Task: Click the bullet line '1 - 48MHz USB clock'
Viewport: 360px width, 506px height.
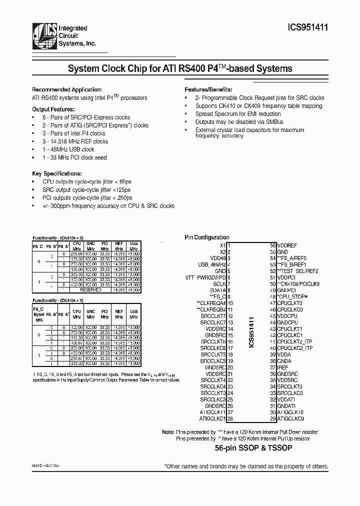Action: click(x=68, y=149)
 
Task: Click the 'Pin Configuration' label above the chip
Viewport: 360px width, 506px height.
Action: click(x=207, y=237)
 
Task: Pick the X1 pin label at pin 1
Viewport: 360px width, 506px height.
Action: click(x=222, y=246)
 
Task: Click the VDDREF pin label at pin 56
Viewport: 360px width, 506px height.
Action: click(x=287, y=246)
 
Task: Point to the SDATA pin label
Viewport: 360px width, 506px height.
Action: click(x=218, y=290)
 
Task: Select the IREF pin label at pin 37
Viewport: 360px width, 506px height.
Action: click(x=283, y=367)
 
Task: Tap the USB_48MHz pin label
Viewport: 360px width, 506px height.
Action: click(x=212, y=264)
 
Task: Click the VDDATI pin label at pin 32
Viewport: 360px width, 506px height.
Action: click(x=286, y=399)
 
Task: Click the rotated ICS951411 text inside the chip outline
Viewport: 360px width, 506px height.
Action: click(x=252, y=330)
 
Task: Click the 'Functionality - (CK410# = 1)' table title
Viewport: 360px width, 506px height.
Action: click(x=58, y=300)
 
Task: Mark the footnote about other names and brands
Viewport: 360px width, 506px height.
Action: click(x=246, y=466)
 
